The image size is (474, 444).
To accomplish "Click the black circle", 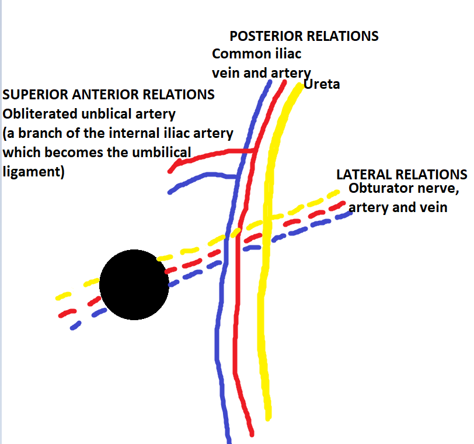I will coord(134,285).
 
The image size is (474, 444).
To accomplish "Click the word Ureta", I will coord(322,85).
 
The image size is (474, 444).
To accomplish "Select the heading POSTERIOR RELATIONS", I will coord(304,36).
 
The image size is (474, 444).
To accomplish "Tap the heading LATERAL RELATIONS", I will coord(402,175).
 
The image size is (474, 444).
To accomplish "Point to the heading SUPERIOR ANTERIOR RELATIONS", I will coord(109,94).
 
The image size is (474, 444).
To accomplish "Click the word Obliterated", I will coord(37,113).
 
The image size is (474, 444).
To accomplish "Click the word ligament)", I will coord(33,172).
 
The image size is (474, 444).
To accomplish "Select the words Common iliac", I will coord(257,54).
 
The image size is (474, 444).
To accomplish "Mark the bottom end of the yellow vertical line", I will coord(268,417).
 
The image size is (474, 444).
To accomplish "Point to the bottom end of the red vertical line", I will coord(251,433).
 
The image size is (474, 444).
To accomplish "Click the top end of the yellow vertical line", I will coord(301,85).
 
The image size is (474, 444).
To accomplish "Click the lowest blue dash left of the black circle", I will coord(75,326).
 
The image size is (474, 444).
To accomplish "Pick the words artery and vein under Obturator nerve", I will coord(398,207).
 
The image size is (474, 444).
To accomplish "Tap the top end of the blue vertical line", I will coord(270,82).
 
